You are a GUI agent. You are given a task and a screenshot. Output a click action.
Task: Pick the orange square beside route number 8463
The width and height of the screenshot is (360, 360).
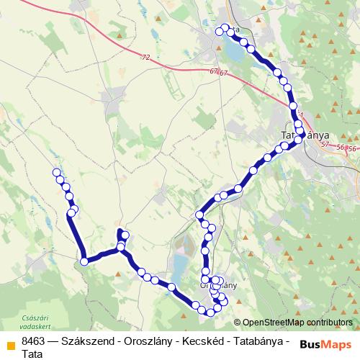[10, 343]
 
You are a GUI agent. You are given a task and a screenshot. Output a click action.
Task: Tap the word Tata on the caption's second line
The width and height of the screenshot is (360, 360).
[32, 354]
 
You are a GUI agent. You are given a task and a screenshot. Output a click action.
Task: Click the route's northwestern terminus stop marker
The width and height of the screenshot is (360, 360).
[56, 172]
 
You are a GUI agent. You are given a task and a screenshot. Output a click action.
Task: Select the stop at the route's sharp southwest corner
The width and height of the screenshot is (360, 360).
[84, 261]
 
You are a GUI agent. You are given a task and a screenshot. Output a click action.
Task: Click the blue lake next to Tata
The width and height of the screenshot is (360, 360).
[233, 50]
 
